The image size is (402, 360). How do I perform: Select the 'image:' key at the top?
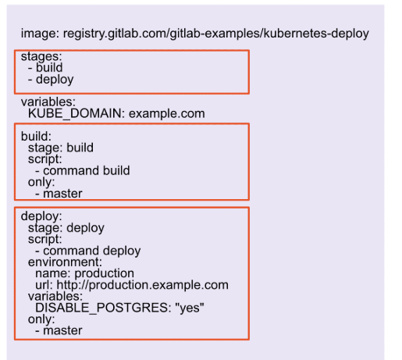pyautogui.click(x=39, y=34)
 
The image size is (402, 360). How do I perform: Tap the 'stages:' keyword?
pyautogui.click(x=40, y=56)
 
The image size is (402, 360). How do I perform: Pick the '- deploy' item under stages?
pyautogui.click(x=50, y=79)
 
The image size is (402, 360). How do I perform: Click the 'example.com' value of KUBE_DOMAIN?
pyautogui.click(x=166, y=113)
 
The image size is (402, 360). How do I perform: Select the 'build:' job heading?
pyautogui.click(x=36, y=136)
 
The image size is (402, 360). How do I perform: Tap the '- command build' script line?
pyautogui.click(x=83, y=170)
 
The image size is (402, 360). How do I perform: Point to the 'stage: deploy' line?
pyautogui.click(x=66, y=228)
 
